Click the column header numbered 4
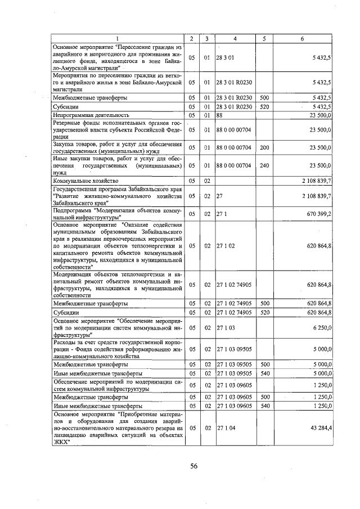coord(235,38)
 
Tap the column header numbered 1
coord(118,38)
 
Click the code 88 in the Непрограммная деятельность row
coord(220,115)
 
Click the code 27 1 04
coord(226,428)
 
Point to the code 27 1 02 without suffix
coord(226,246)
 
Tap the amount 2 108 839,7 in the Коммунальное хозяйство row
coord(313,181)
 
